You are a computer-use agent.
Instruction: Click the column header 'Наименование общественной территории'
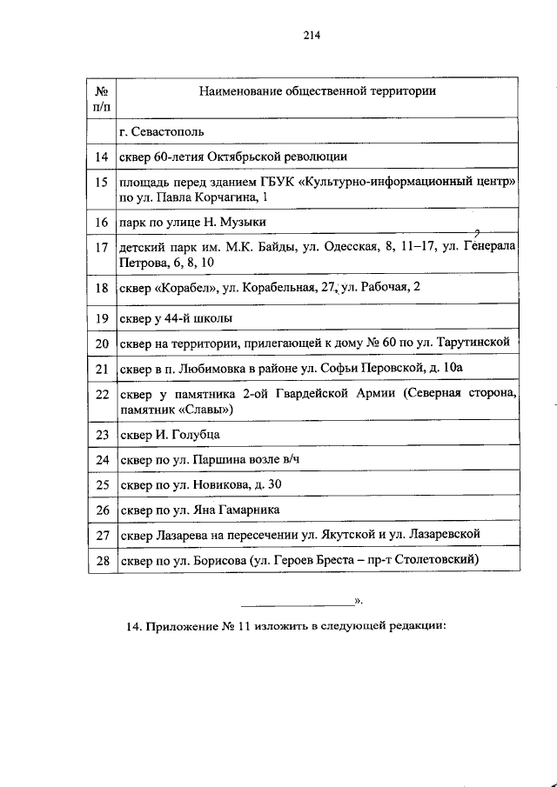coord(317,90)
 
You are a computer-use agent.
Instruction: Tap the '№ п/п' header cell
coord(101,97)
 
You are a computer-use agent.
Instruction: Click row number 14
coord(101,157)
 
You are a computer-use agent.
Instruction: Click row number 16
coord(101,223)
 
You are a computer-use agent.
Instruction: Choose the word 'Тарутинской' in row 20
coord(485,343)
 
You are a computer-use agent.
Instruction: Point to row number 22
coord(101,394)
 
